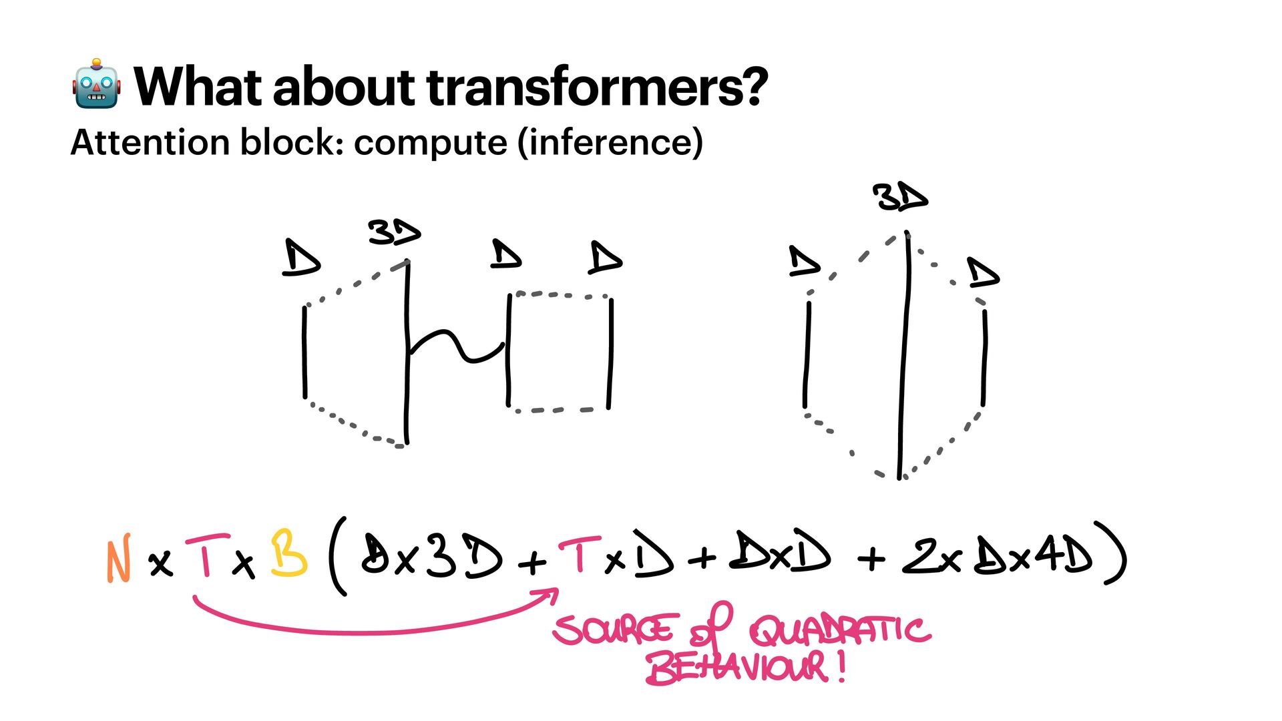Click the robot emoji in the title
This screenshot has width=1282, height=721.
click(97, 85)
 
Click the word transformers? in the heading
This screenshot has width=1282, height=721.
click(598, 87)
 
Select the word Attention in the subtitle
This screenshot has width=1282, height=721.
click(151, 142)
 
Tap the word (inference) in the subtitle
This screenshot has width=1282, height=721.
click(610, 142)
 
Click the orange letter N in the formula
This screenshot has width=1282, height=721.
click(118, 561)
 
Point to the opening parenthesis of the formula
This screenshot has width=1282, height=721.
click(338, 555)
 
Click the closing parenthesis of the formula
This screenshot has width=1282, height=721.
click(1114, 553)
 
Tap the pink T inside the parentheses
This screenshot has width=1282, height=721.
click(579, 554)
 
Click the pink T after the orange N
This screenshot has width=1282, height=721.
click(207, 555)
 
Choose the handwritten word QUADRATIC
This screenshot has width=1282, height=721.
click(839, 631)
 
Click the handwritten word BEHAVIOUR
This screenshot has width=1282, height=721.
click(738, 668)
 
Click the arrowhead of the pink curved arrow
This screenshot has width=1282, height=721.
click(552, 593)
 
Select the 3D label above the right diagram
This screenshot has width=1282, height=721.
click(899, 198)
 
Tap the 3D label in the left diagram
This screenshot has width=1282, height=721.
click(393, 232)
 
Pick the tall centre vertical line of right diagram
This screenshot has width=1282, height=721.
click(904, 354)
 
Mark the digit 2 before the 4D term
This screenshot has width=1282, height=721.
click(919, 555)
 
